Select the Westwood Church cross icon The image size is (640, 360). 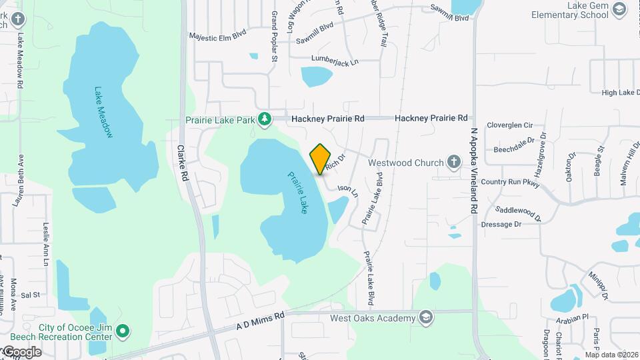coord(453,162)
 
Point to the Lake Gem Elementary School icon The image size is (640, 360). coord(619,9)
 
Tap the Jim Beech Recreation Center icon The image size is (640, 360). coord(122,331)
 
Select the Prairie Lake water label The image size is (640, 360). coord(298,193)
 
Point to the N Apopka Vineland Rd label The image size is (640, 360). coord(474,171)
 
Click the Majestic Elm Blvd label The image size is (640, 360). coord(218,36)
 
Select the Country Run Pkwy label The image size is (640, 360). coord(510,182)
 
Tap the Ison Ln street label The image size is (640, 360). coord(348,191)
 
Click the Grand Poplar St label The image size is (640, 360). coord(274,37)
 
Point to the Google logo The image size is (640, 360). coord(21,352)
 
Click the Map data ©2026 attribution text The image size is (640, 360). coord(611,355)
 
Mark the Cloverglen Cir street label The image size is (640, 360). coord(510,125)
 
